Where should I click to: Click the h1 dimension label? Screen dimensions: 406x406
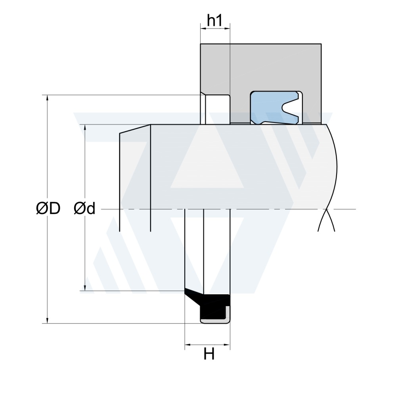tap(214, 20)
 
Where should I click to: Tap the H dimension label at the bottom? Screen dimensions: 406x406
tap(209, 354)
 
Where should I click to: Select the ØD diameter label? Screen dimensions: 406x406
tap(48, 208)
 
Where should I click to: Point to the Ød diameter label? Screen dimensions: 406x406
tap(84, 208)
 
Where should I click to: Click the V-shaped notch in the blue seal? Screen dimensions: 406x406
tap(289, 107)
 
